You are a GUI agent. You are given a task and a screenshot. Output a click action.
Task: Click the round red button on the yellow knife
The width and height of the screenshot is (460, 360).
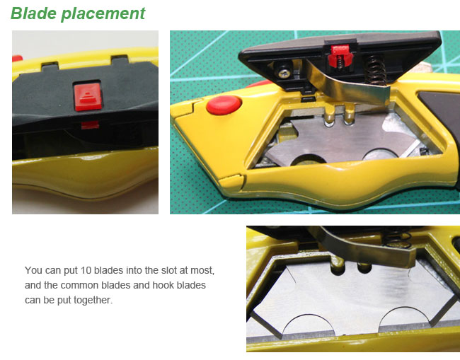coord(221,106)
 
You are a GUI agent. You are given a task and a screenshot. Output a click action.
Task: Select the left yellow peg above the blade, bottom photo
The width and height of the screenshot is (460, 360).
coord(339,265)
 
